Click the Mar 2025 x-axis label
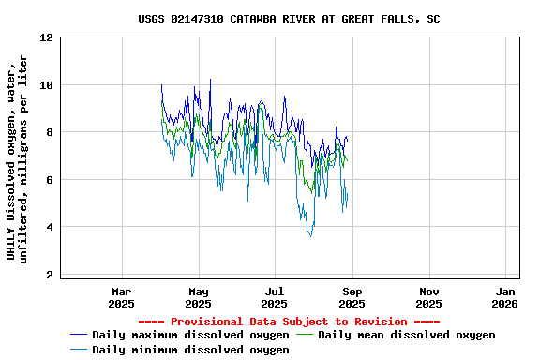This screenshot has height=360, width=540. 122,297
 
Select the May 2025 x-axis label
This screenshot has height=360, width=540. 199,297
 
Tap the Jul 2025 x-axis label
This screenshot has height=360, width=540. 275,297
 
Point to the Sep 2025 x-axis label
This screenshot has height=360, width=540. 352,297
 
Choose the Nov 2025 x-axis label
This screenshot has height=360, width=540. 428,297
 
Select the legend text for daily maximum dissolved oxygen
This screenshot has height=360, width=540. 190,335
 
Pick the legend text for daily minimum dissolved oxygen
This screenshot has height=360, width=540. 190,350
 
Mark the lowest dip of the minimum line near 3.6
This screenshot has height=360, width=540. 311,235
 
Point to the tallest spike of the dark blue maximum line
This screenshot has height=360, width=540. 210,80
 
